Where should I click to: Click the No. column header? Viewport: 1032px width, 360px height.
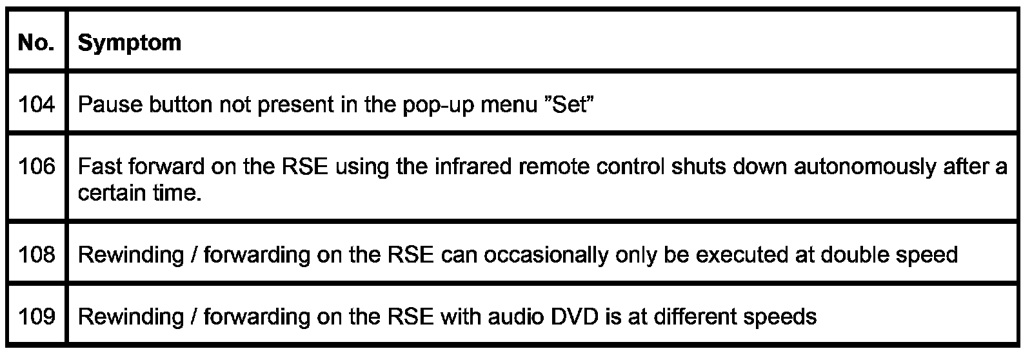36,43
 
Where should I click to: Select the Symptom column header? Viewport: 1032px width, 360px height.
129,43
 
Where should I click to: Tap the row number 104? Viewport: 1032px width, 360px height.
37,105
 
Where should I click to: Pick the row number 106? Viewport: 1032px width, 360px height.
37,167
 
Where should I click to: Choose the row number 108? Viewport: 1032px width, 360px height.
37,255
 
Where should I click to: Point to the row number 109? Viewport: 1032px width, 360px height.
37,317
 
